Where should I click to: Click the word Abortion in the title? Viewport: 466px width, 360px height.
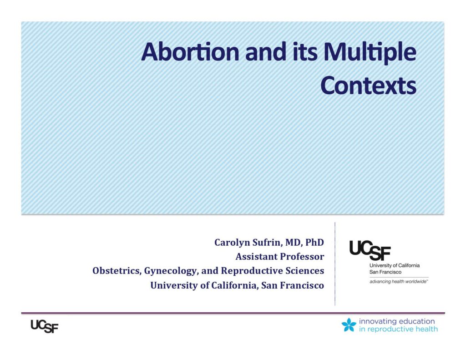pos(190,52)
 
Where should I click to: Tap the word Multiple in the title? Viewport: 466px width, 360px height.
pos(370,53)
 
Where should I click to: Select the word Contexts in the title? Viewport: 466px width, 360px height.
pos(368,86)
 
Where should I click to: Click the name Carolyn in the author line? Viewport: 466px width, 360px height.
pos(232,243)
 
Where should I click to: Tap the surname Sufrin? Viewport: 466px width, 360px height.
pos(267,243)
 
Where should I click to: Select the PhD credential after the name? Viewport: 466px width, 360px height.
pos(314,242)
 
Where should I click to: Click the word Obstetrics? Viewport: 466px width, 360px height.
pos(117,271)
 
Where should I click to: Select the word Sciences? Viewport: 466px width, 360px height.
pos(305,271)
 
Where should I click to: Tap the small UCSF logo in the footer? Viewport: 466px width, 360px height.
pos(45,326)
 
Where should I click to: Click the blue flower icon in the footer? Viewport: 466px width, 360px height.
pos(349,325)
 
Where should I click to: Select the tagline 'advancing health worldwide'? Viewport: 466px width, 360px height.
pos(399,282)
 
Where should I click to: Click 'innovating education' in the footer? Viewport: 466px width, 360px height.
pos(397,321)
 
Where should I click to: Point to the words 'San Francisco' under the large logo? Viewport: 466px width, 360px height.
pos(385,272)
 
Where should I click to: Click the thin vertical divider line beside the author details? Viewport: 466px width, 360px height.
pos(335,264)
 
